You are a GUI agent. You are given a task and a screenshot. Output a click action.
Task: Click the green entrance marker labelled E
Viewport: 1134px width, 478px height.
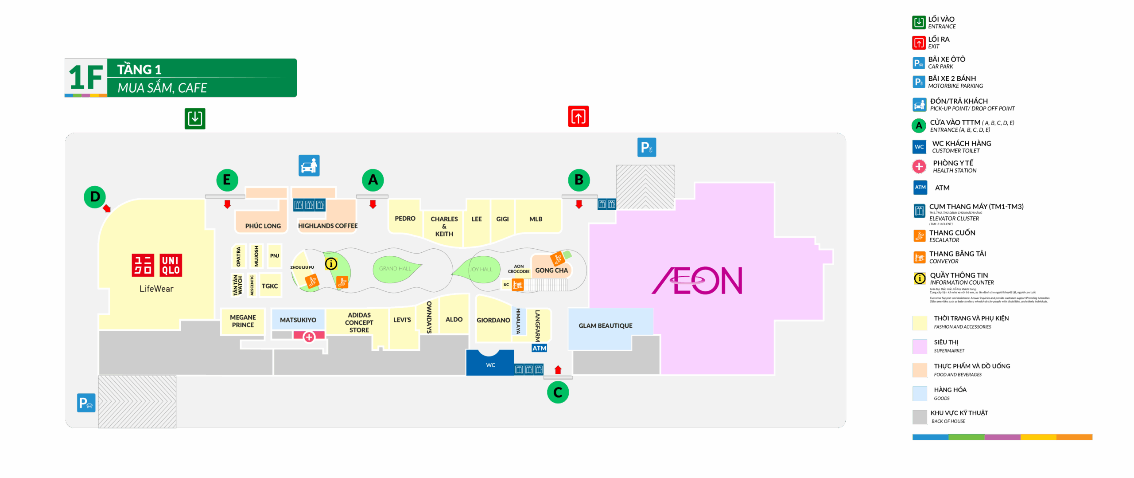(227, 180)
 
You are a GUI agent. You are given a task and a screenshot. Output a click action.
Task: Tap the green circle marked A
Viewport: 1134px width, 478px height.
(373, 180)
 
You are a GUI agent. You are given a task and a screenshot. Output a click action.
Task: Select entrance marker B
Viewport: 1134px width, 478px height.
(579, 180)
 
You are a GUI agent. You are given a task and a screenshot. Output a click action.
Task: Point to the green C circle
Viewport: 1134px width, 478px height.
(558, 392)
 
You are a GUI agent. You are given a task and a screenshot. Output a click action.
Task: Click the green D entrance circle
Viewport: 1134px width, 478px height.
(95, 197)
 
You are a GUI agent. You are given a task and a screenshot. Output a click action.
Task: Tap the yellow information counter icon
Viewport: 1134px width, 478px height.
(331, 264)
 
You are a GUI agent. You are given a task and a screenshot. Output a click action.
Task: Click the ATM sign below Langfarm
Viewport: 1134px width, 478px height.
(539, 348)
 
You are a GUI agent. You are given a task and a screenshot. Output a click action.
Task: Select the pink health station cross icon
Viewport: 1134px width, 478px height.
(309, 337)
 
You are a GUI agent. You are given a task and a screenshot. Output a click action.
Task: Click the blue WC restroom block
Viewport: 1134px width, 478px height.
(490, 364)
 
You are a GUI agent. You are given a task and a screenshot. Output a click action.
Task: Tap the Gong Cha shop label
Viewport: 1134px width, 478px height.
(551, 270)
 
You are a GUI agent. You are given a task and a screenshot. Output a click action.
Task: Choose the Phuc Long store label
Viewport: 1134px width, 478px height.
(263, 226)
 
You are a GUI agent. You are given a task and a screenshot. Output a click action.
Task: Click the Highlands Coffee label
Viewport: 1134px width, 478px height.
(328, 226)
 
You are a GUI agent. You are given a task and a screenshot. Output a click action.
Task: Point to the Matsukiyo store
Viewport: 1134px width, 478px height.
(298, 320)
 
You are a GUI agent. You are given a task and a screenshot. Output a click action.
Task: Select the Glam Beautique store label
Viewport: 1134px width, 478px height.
(605, 325)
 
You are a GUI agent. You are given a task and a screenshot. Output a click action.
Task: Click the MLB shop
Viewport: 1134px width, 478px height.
(536, 219)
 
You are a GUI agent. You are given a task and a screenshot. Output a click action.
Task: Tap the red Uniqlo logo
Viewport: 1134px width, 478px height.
(157, 265)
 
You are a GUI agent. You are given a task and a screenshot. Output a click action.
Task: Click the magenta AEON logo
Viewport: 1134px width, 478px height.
(697, 280)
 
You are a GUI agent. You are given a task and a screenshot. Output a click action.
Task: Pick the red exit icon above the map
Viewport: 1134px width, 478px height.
(579, 117)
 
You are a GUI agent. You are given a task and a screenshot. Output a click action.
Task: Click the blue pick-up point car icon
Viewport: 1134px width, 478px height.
(309, 166)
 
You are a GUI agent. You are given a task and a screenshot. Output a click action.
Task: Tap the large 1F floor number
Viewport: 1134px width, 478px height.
(86, 78)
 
